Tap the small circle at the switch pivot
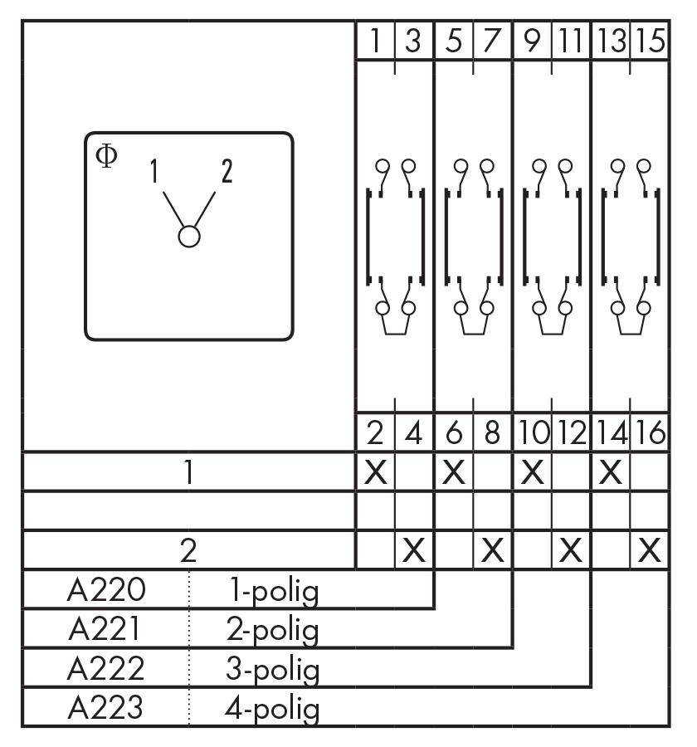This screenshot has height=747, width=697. click(189, 236)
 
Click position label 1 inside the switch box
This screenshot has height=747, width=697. click(154, 172)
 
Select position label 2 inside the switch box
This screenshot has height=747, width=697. click(226, 171)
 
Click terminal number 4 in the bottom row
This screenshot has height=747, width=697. click(414, 433)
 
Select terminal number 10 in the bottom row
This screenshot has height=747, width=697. click(532, 433)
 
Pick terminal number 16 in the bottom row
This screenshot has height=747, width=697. click(651, 433)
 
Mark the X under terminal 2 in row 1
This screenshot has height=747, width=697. click(375, 472)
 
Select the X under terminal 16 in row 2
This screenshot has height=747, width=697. click(651, 549)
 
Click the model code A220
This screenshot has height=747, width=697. click(105, 591)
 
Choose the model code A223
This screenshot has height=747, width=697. click(105, 709)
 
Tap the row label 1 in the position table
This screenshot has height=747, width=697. click(189, 472)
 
